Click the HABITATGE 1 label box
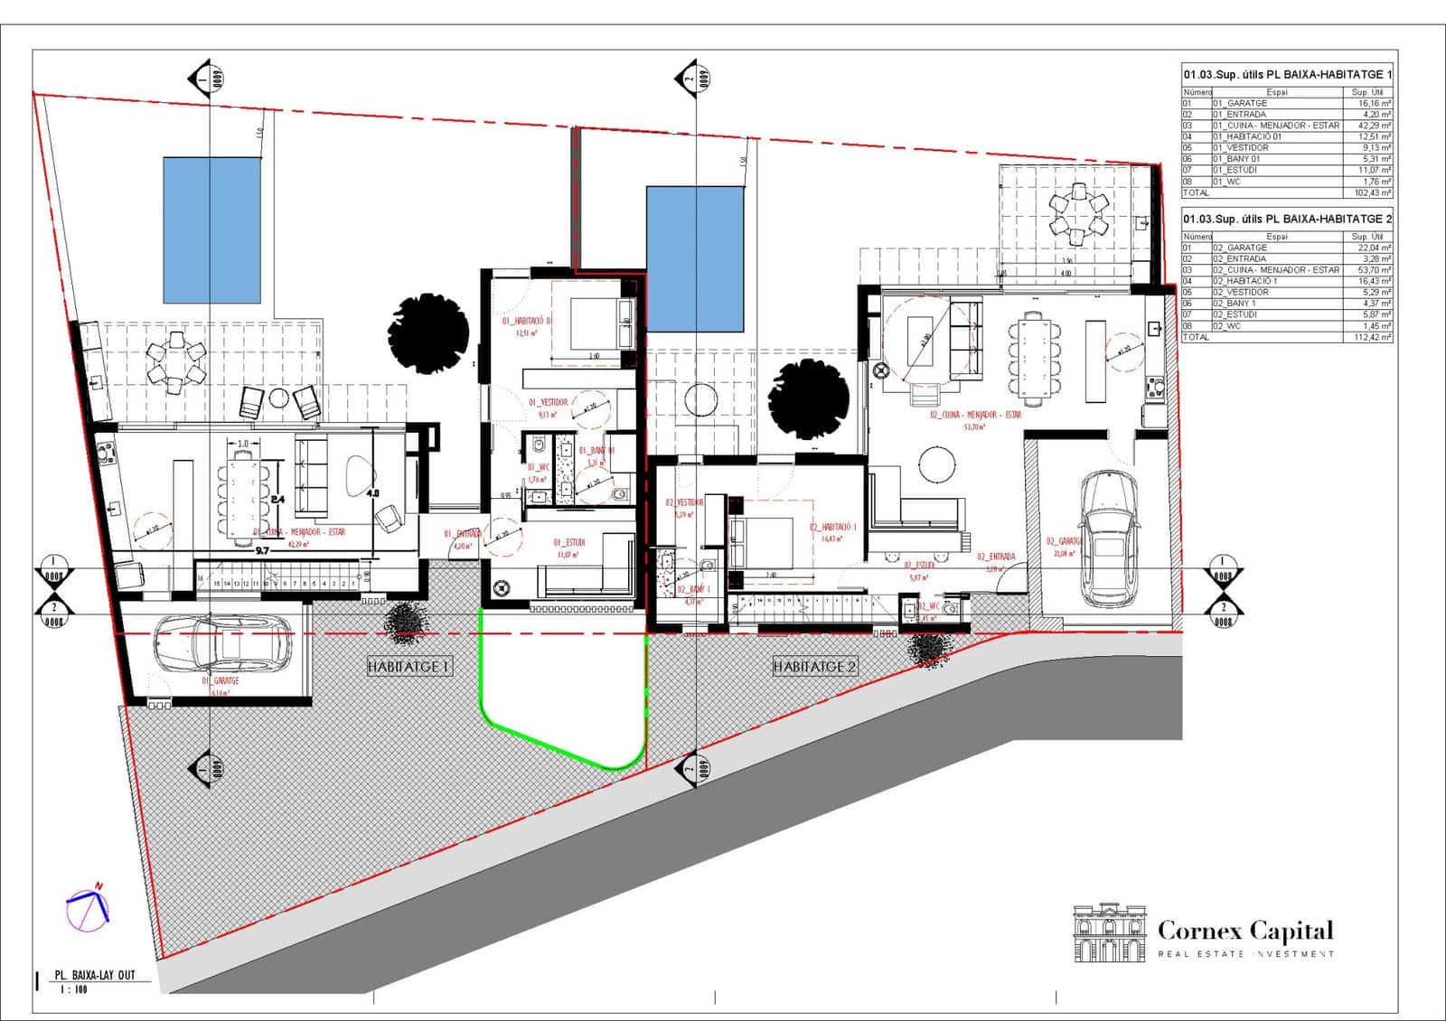(409, 667)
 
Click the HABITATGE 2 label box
(814, 667)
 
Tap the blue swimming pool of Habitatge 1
(211, 229)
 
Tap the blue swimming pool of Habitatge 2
(695, 258)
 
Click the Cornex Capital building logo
(1109, 933)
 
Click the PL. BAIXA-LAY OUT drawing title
(94, 975)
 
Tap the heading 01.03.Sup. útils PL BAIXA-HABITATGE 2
(1287, 219)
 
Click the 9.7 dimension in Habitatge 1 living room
(262, 549)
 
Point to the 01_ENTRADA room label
(462, 534)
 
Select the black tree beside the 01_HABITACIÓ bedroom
(427, 332)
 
